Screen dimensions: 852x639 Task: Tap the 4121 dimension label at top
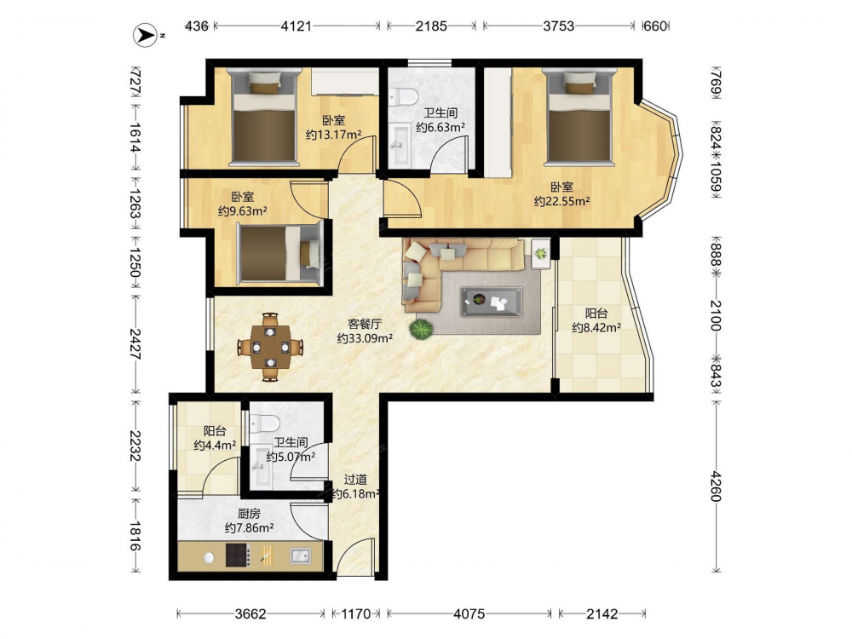296,26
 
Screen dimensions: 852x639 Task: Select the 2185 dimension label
431,26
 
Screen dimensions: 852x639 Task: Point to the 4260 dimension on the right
717,486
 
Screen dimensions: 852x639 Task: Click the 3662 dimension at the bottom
250,614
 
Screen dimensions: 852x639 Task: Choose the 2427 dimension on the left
135,344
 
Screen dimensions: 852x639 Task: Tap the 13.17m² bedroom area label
334,135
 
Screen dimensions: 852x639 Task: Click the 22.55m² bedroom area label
561,201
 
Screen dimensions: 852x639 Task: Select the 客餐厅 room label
365,324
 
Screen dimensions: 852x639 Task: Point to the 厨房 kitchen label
249,514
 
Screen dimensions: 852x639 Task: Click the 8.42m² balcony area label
596,327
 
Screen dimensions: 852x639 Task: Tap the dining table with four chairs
270,347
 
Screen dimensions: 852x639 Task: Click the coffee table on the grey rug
492,302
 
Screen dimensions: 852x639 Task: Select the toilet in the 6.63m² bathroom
403,96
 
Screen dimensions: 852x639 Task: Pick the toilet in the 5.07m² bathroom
265,423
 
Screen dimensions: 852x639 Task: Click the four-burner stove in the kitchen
238,556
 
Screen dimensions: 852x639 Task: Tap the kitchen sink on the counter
300,556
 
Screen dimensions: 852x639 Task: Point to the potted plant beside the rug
421,329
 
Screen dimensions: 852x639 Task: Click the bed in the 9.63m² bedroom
279,254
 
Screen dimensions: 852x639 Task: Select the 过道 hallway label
356,479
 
